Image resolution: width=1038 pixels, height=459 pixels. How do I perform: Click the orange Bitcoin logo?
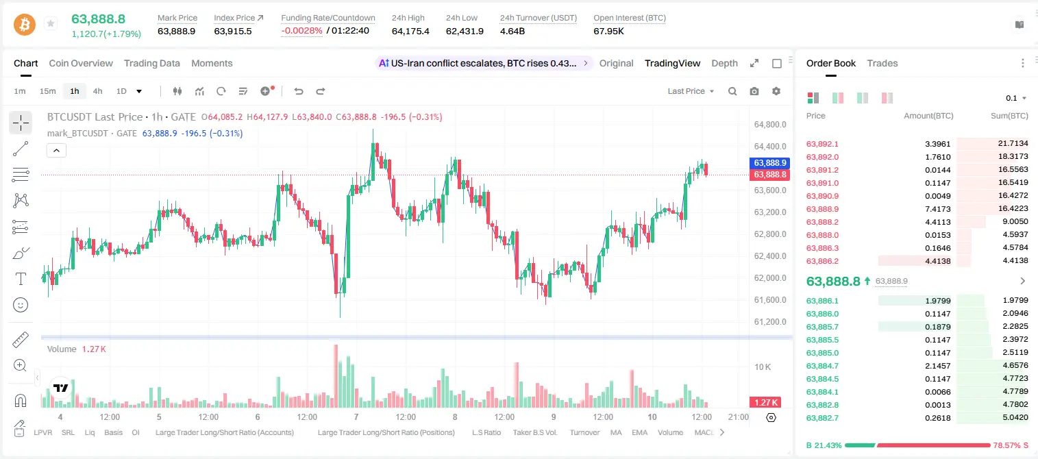tap(25, 25)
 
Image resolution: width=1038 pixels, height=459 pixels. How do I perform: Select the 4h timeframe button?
tap(97, 91)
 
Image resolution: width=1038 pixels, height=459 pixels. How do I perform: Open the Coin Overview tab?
tap(81, 63)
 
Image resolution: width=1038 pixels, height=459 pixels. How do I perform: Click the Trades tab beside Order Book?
tap(882, 63)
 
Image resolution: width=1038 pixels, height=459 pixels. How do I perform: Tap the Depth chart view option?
tap(724, 63)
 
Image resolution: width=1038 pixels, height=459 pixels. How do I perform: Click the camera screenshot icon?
tap(754, 91)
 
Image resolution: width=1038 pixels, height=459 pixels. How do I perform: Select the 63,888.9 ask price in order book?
tap(822, 209)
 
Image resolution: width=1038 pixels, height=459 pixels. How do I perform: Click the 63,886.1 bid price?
tap(822, 301)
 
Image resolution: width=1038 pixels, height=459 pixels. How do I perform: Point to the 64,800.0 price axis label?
tap(770, 124)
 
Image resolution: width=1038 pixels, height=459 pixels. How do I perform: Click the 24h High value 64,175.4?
tap(410, 31)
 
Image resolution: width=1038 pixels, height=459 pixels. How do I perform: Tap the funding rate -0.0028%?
tap(301, 31)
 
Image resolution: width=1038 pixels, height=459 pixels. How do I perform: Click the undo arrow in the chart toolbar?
tap(299, 91)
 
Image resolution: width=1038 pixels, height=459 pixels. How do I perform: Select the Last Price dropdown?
tap(691, 91)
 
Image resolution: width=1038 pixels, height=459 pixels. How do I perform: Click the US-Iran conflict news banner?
tap(483, 63)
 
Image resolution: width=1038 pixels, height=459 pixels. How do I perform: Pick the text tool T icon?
tap(21, 279)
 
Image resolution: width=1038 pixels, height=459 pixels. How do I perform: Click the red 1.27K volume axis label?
tap(765, 403)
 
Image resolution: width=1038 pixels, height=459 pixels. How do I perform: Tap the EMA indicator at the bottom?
tap(639, 432)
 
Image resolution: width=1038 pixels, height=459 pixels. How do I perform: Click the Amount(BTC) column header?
tap(928, 116)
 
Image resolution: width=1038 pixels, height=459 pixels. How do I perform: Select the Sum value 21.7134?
tap(1013, 144)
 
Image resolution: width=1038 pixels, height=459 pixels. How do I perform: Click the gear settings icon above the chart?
tap(776, 91)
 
